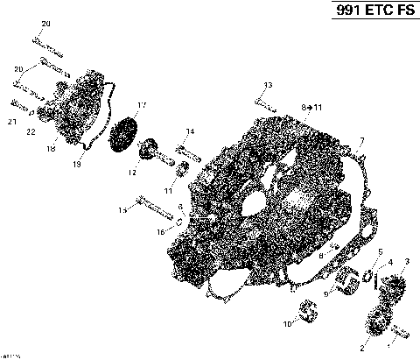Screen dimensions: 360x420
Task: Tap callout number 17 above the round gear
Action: tap(142, 106)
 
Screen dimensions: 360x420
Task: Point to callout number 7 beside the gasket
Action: tap(361, 140)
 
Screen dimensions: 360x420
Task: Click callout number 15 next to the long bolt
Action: tap(122, 210)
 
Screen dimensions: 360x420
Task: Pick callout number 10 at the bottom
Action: tap(284, 325)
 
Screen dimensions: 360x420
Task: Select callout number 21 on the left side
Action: tap(11, 122)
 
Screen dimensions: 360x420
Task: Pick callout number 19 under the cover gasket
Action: tap(78, 163)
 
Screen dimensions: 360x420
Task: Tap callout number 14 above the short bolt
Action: tap(190, 131)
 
